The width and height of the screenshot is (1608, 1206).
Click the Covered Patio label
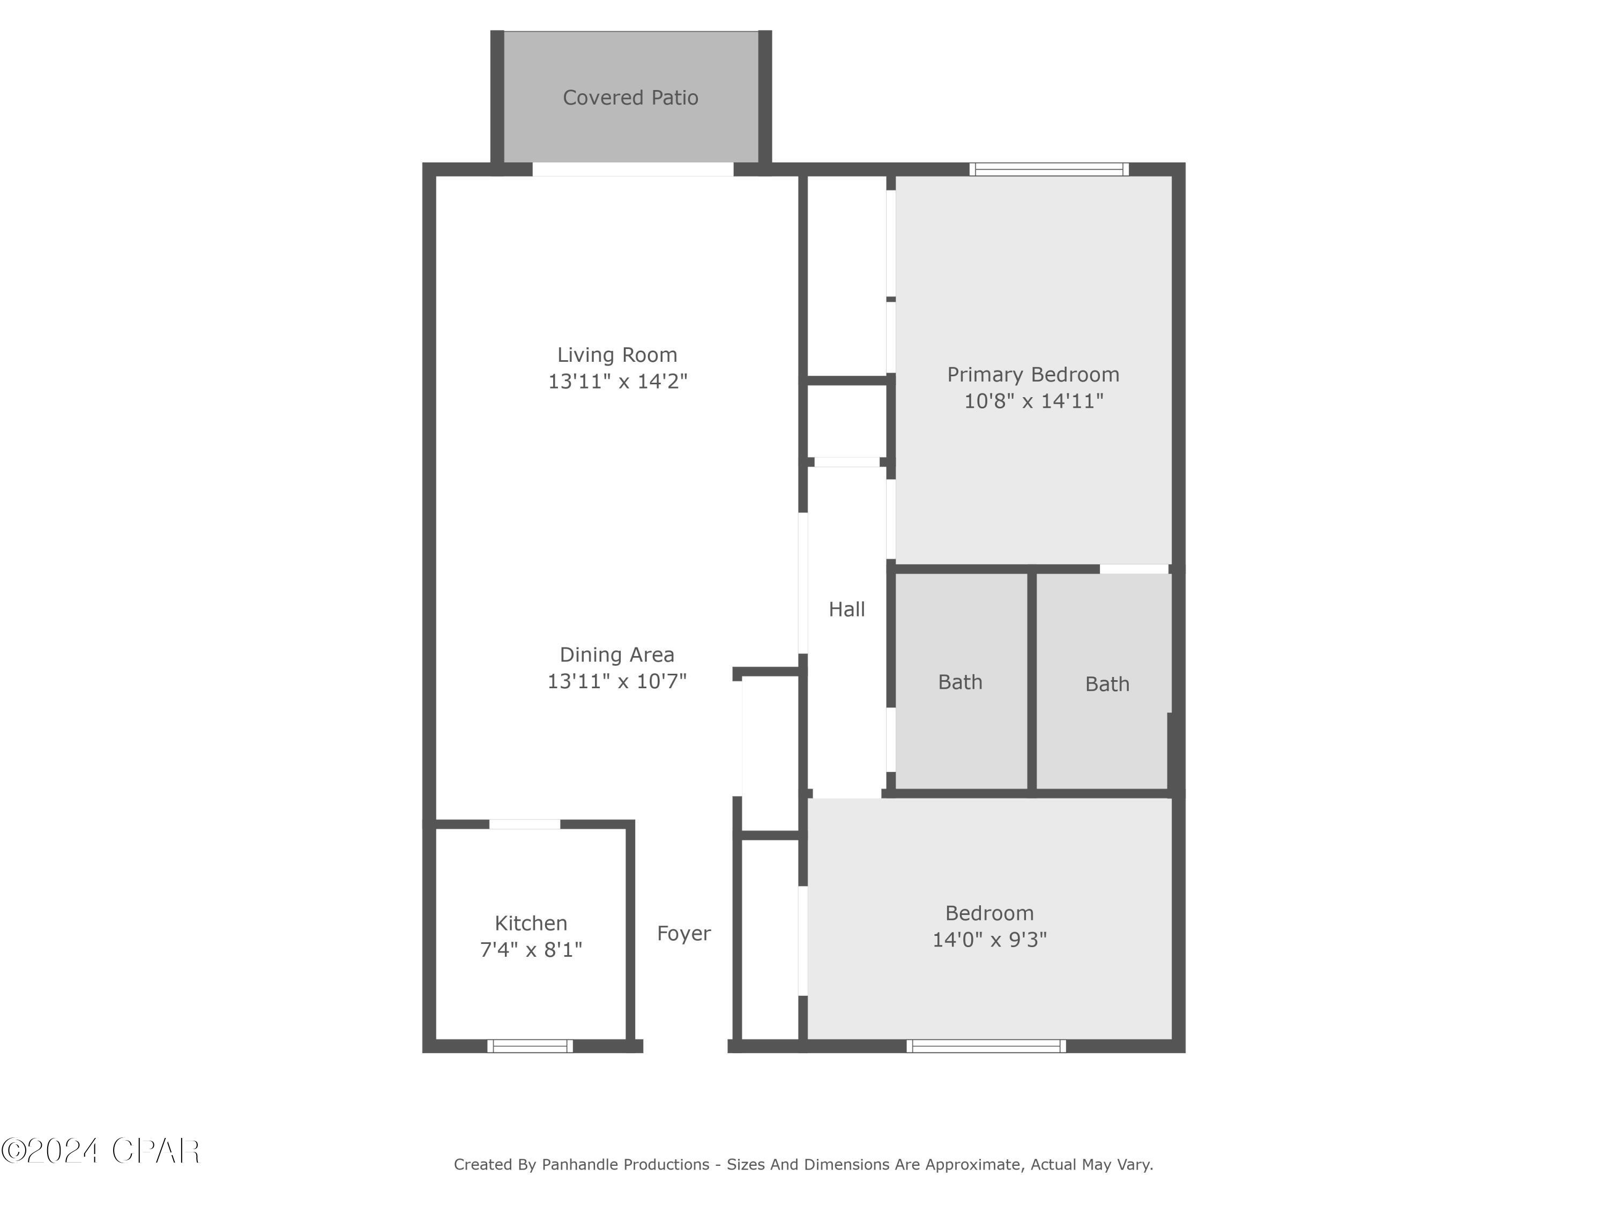(630, 98)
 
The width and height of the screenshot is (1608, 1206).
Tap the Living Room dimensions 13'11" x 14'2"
(617, 381)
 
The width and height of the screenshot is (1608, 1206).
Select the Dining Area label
(617, 654)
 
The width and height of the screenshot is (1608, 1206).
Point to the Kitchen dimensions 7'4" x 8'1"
(531, 949)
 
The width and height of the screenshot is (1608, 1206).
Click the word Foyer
(683, 933)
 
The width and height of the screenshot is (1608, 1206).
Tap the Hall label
(847, 609)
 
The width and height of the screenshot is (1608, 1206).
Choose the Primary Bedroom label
(1033, 374)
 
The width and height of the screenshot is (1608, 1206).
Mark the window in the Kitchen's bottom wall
(530, 1046)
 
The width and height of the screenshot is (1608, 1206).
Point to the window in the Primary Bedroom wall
(1049, 169)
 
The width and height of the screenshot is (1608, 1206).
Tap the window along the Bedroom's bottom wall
(986, 1046)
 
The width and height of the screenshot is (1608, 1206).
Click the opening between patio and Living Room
(632, 169)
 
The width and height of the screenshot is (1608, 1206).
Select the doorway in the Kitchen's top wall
(524, 824)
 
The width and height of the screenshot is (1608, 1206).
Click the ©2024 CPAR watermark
(100, 1151)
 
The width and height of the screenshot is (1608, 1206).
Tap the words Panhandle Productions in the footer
(625, 1165)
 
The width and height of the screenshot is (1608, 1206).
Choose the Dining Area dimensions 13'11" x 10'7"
(617, 681)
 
